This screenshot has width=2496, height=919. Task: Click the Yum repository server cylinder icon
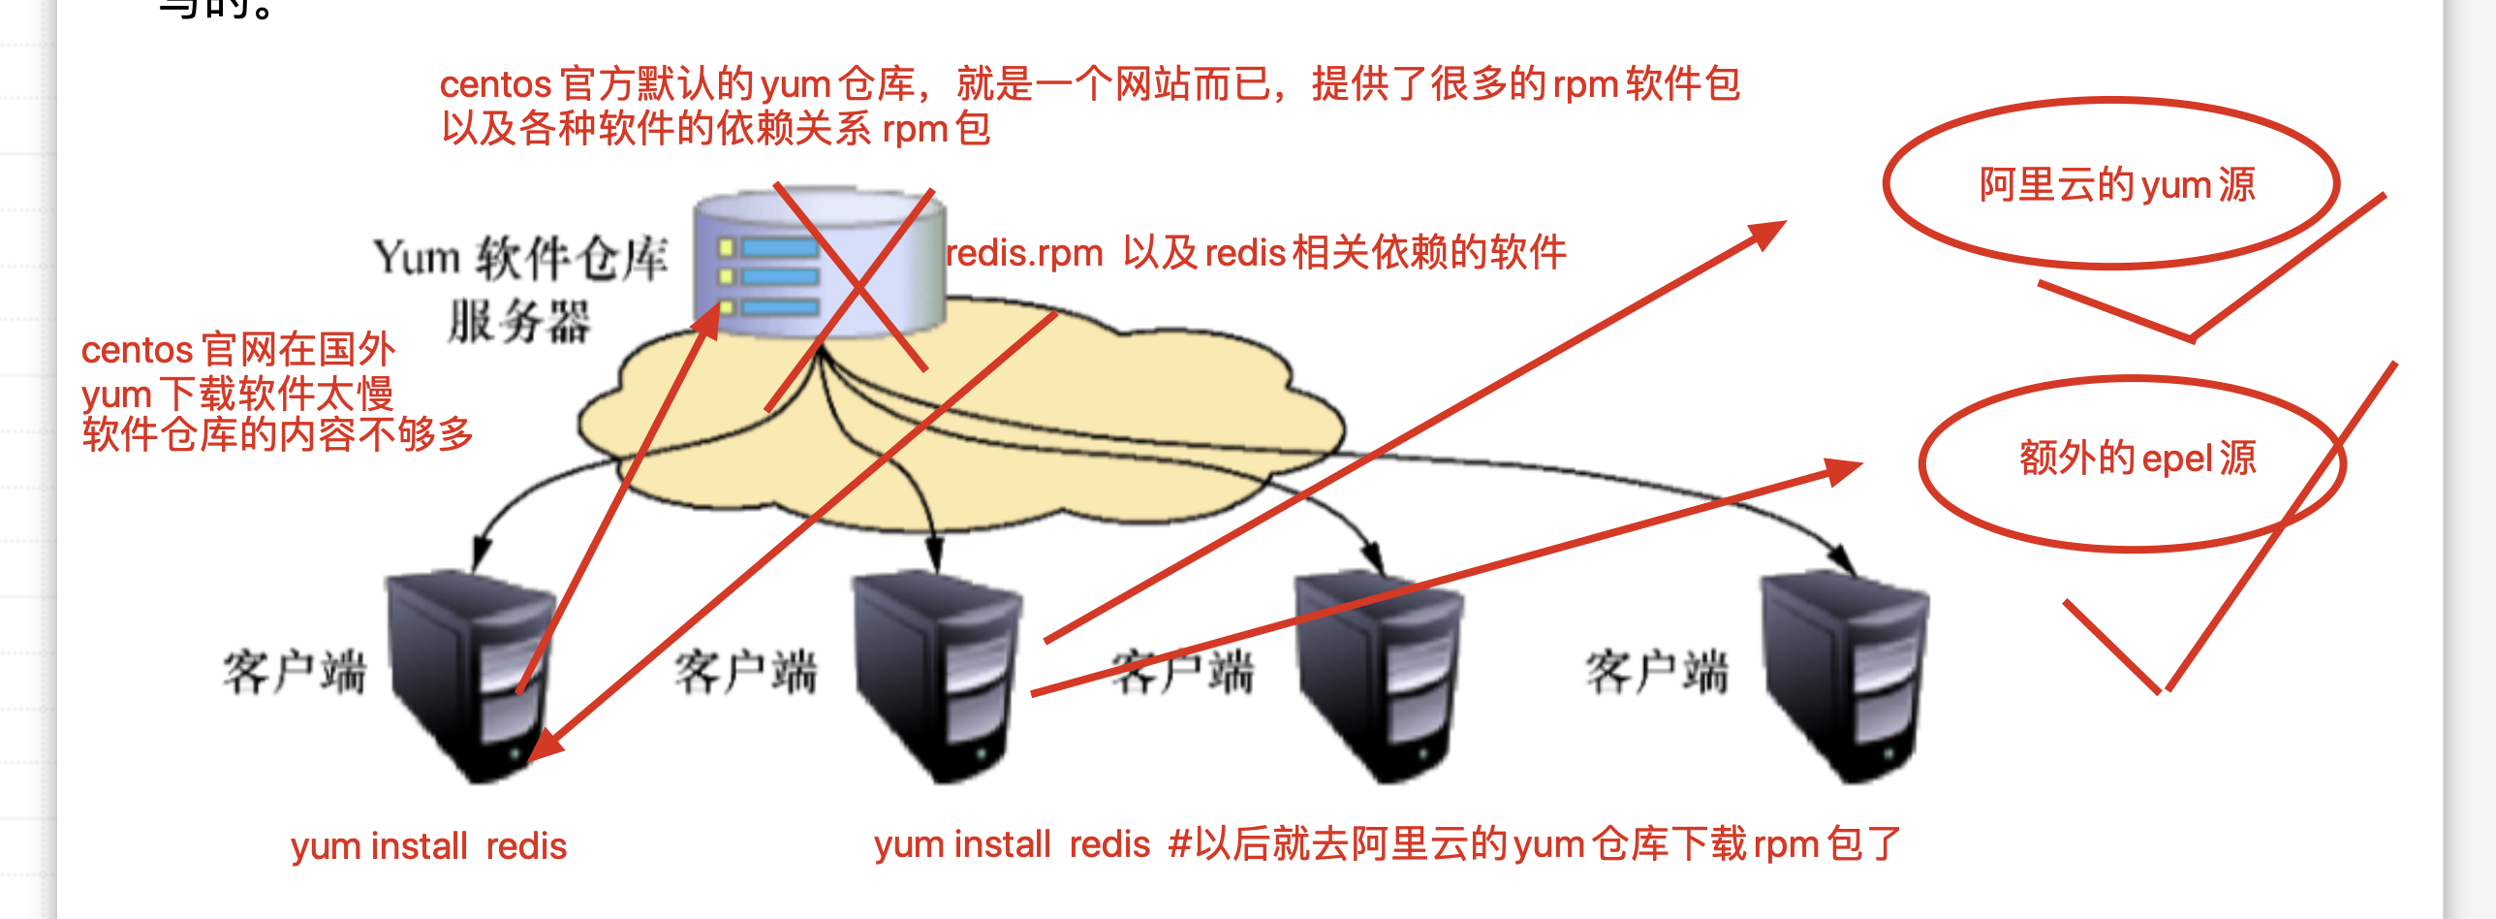(819, 262)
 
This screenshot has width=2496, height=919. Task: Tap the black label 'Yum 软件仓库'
(520, 259)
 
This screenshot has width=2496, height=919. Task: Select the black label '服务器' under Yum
(518, 322)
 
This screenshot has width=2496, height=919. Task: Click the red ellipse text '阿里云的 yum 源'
(2117, 184)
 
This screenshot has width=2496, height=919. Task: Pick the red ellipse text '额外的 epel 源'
(2137, 459)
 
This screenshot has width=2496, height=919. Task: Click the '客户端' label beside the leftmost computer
(295, 672)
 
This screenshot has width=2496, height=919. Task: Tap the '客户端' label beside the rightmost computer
(1657, 672)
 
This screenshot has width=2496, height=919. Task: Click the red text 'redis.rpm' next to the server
(1024, 253)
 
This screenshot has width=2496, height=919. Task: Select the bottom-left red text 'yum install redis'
(428, 846)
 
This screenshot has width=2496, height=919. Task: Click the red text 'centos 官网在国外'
(238, 350)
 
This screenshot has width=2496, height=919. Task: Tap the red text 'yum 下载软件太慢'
(237, 394)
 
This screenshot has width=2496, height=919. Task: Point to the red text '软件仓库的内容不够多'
(277, 434)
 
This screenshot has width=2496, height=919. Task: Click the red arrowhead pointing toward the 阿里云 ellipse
(1765, 233)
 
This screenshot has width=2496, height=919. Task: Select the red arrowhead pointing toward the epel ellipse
(1841, 470)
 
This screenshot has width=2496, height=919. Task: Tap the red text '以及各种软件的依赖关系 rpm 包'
(715, 129)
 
